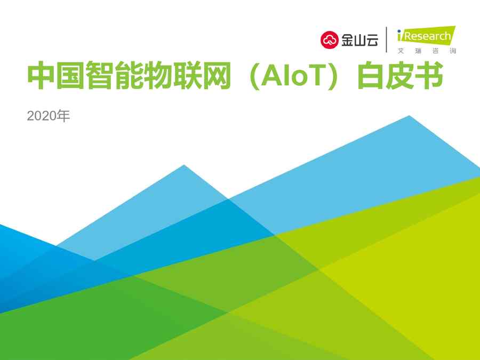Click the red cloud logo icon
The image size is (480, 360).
point(330,40)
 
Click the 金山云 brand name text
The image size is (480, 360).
point(359,40)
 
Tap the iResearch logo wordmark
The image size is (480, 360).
point(427,36)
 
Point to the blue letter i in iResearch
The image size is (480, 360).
point(399,35)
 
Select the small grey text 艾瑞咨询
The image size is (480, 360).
point(427,51)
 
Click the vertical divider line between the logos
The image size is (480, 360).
point(387,40)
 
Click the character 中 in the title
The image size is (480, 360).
point(41,75)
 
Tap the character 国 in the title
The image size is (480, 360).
point(70,75)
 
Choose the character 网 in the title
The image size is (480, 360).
point(216,75)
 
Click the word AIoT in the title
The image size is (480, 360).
point(293,76)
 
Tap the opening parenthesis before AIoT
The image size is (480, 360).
point(255,76)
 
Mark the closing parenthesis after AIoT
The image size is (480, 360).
point(332,76)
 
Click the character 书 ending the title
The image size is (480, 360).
point(429,75)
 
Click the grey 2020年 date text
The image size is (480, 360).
point(49,116)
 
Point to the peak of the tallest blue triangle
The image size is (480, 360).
point(409,116)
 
